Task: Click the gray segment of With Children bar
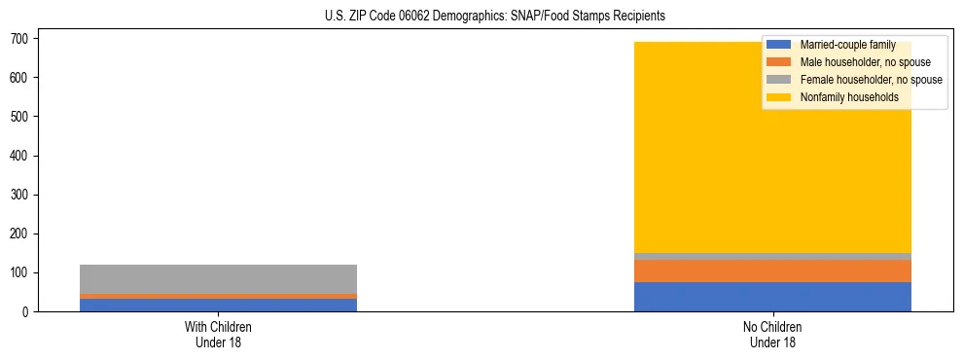tap(218, 278)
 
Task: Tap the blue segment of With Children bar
tap(218, 305)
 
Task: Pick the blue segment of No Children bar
tap(772, 297)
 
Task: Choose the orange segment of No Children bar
tap(772, 270)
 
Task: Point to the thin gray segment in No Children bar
tap(772, 256)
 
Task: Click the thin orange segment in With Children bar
tap(218, 296)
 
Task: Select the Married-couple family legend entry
tap(846, 45)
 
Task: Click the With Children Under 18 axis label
tap(218, 334)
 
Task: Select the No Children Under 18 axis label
tap(772, 334)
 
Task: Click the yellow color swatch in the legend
tap(779, 97)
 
